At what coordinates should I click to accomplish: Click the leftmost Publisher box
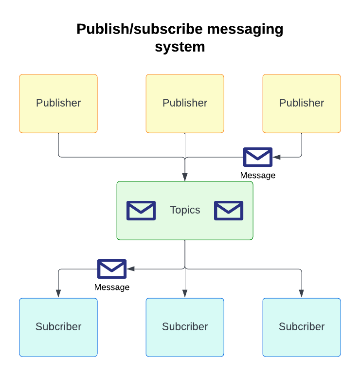[x=58, y=103]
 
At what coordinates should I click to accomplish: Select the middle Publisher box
[x=185, y=103]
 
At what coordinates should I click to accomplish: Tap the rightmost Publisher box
[x=302, y=103]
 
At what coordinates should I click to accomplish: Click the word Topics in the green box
[x=185, y=210]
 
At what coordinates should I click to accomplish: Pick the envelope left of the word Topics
[x=141, y=211]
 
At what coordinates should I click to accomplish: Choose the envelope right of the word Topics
[x=229, y=211]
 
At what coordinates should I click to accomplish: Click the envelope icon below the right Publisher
[x=258, y=157]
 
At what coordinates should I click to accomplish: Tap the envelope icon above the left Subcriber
[x=112, y=269]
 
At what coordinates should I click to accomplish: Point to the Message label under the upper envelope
[x=258, y=175]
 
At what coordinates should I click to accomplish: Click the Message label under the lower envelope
[x=112, y=287]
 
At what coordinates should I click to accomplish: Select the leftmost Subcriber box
[x=58, y=327]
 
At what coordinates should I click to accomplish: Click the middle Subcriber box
[x=185, y=327]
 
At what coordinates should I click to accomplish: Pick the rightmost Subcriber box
[x=302, y=327]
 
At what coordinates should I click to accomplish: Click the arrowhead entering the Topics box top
[x=185, y=177]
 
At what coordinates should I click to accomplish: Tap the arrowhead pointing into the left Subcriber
[x=58, y=293]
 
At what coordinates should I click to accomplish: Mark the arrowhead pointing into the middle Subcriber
[x=185, y=293]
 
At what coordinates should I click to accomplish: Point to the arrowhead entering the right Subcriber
[x=302, y=293]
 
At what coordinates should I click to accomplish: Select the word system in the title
[x=180, y=47]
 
